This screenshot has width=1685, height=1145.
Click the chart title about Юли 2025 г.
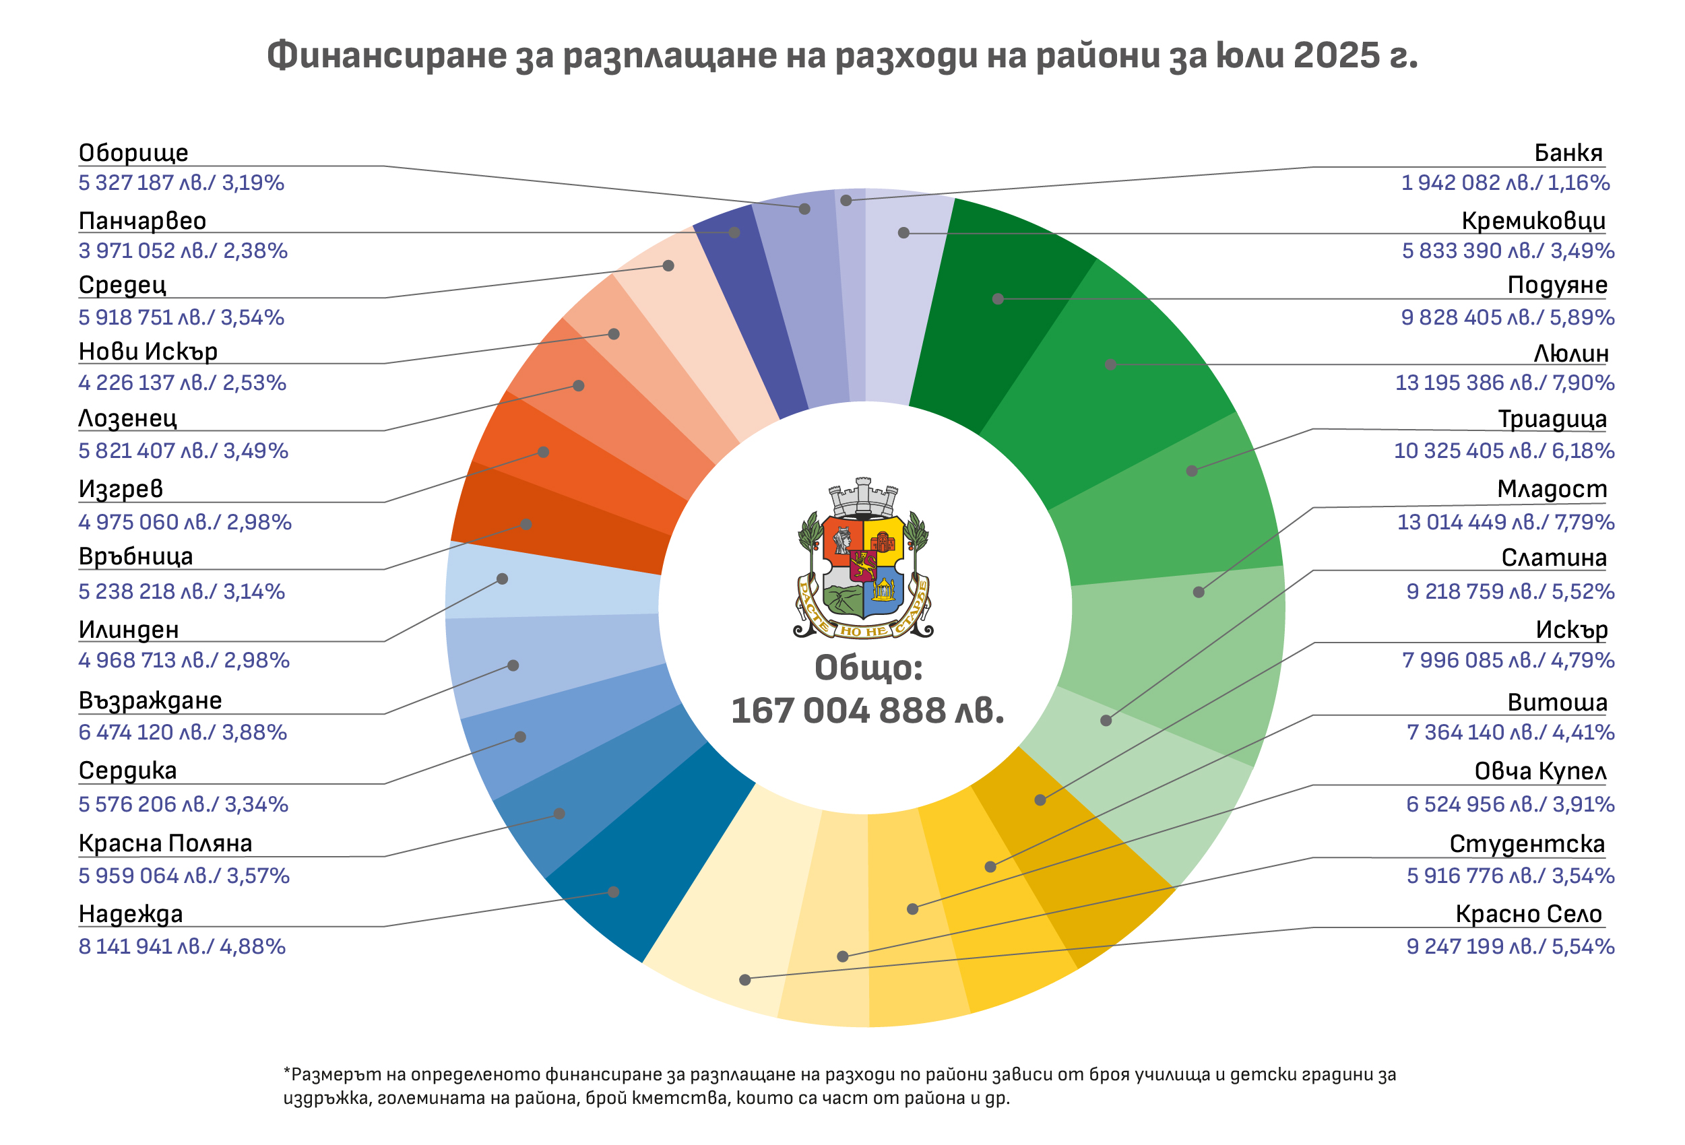(841, 57)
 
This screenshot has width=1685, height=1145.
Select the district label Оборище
(133, 153)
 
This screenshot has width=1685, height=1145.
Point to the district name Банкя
(1568, 153)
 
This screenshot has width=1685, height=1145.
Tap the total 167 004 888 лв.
(867, 711)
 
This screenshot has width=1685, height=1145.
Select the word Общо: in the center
(868, 668)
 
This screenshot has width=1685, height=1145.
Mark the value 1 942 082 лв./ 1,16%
(1504, 183)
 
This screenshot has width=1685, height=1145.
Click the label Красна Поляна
(165, 843)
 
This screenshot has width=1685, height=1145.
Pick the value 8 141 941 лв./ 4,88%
(182, 946)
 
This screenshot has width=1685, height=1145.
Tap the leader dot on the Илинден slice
(503, 579)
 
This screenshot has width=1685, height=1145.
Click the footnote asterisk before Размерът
(286, 1070)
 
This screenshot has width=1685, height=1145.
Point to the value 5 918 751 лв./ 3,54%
(181, 317)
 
